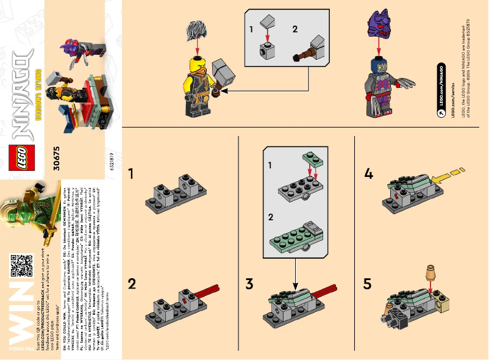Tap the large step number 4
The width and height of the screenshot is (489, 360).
(x=368, y=175)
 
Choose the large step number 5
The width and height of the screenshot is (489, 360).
(x=368, y=284)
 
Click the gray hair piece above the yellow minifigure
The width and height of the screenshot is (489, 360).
(x=196, y=30)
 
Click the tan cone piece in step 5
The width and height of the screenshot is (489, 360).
(x=431, y=270)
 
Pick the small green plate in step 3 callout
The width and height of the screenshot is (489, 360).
(x=310, y=160)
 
